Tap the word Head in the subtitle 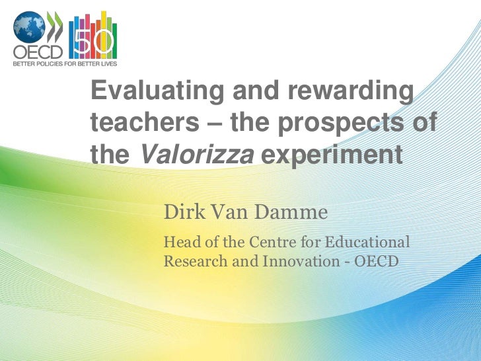point(179,242)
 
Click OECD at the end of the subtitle point(377,261)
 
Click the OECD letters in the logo point(31,52)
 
